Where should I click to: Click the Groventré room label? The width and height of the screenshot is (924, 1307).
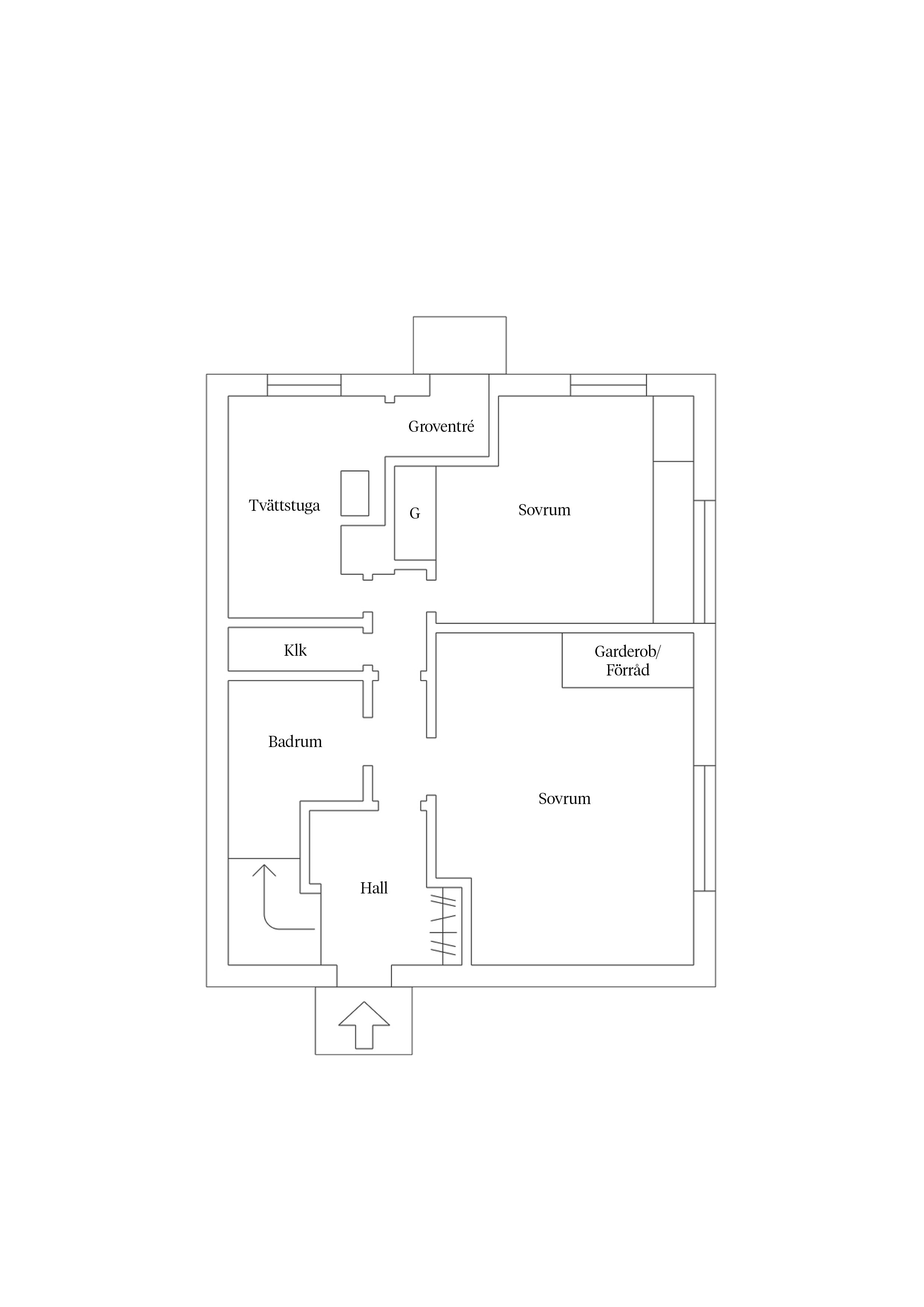pyautogui.click(x=441, y=426)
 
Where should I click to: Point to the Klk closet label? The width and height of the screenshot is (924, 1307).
pyautogui.click(x=295, y=650)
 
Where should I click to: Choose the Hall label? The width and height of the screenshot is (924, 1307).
pyautogui.click(x=374, y=887)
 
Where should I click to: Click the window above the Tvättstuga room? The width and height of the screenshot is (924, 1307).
pyautogui.click(x=304, y=385)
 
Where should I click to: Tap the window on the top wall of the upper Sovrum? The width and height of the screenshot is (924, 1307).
pyautogui.click(x=608, y=385)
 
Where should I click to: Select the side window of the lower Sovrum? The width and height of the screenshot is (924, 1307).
pyautogui.click(x=704, y=828)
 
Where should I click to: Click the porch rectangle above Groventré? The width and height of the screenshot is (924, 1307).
pyautogui.click(x=459, y=345)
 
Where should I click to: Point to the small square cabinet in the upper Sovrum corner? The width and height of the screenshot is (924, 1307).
pyautogui.click(x=673, y=428)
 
